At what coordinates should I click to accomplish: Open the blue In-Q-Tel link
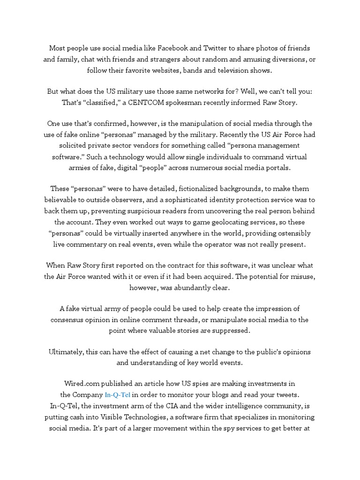[x=118, y=395]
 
